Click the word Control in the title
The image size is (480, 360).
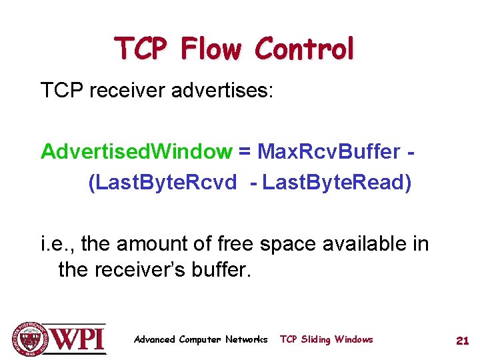304,49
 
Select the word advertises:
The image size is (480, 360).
222,90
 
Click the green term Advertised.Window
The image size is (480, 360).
135,152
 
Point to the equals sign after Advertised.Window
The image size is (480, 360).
245,152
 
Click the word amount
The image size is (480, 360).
153,245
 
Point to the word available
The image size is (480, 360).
352,245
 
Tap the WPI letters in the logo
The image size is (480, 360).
78,340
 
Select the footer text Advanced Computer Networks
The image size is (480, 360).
201,339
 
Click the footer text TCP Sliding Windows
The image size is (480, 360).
326,339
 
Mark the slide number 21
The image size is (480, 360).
462,340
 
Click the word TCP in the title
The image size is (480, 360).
141,49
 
